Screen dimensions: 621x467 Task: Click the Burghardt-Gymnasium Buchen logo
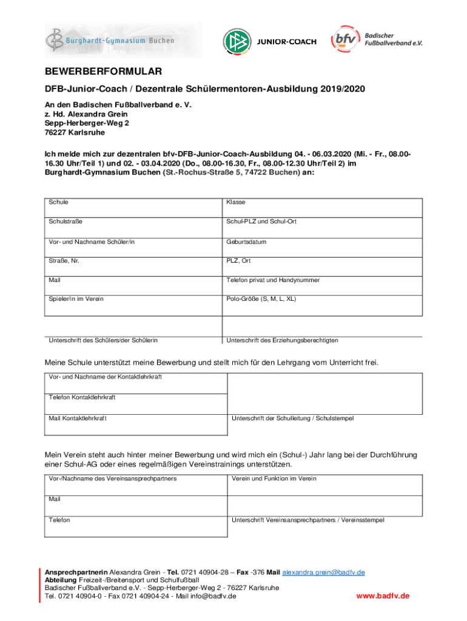(x=123, y=41)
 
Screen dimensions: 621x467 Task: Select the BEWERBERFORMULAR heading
(x=103, y=72)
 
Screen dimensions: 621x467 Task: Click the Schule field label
(x=59, y=202)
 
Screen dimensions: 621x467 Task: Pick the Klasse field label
(x=236, y=202)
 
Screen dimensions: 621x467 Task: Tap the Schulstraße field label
(x=66, y=222)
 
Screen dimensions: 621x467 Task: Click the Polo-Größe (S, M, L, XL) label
(x=261, y=299)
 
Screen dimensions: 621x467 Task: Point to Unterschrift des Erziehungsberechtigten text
(x=282, y=340)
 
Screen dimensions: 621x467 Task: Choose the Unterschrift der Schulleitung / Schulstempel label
(x=292, y=418)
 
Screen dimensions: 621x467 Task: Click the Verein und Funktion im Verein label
(x=274, y=478)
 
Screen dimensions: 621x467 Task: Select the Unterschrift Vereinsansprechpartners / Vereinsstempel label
(x=307, y=520)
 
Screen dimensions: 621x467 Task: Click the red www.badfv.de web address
(x=383, y=596)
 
